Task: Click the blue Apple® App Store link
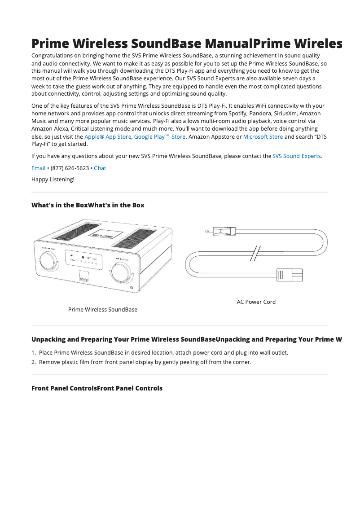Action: click(x=108, y=137)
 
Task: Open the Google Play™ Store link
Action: click(x=159, y=137)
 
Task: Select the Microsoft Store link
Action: click(x=263, y=137)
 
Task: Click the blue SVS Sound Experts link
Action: click(x=296, y=156)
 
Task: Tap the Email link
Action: click(x=38, y=168)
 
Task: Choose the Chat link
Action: click(x=100, y=168)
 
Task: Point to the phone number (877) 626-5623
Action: click(x=70, y=168)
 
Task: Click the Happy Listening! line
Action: click(x=53, y=180)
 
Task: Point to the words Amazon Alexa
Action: click(x=50, y=129)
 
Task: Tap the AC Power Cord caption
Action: click(x=256, y=302)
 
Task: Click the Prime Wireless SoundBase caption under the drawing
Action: click(x=103, y=310)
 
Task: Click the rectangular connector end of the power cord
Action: click(x=289, y=275)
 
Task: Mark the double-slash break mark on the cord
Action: click(x=255, y=254)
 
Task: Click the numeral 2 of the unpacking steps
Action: click(x=34, y=362)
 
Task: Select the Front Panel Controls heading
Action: click(x=97, y=388)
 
